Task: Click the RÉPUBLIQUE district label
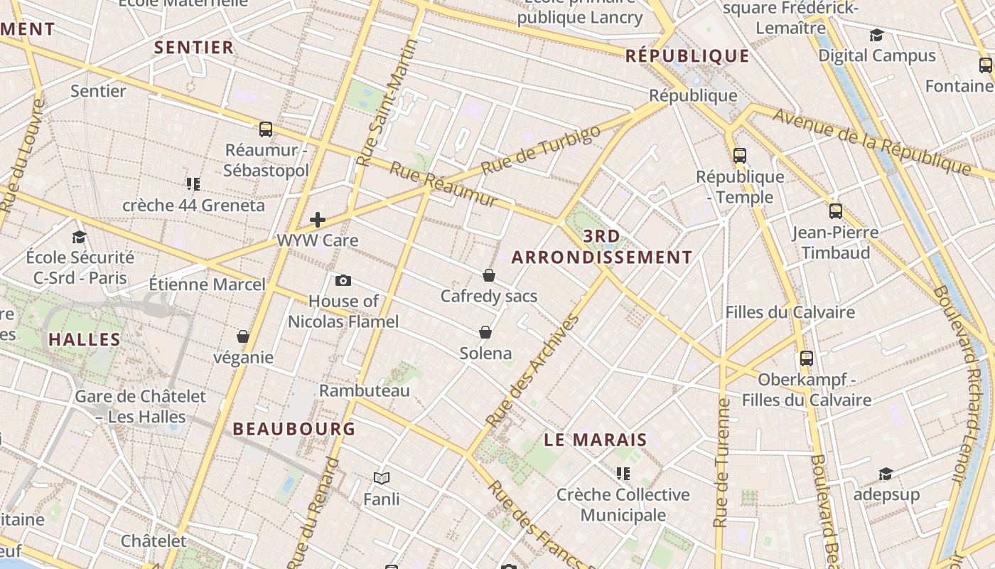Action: pyautogui.click(x=687, y=56)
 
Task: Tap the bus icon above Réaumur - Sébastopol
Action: pyautogui.click(x=266, y=129)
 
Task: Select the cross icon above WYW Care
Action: pyautogui.click(x=318, y=220)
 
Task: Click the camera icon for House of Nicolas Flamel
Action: pyautogui.click(x=343, y=281)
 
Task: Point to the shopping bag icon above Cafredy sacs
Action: pyautogui.click(x=489, y=275)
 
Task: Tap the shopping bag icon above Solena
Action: pyautogui.click(x=485, y=332)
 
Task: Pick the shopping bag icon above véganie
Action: pyautogui.click(x=243, y=336)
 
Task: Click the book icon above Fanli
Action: pyautogui.click(x=382, y=478)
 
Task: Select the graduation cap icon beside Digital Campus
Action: pyautogui.click(x=876, y=36)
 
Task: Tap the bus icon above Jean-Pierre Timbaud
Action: pyautogui.click(x=836, y=211)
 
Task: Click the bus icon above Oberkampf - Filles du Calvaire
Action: pyautogui.click(x=806, y=358)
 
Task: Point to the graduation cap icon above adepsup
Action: pyautogui.click(x=886, y=474)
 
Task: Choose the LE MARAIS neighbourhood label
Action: pyautogui.click(x=596, y=440)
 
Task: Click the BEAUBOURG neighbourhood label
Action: pyautogui.click(x=294, y=429)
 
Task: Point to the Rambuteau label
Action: pyautogui.click(x=365, y=390)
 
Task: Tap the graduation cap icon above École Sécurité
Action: pyautogui.click(x=80, y=237)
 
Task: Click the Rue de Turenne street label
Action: pyautogui.click(x=722, y=462)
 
